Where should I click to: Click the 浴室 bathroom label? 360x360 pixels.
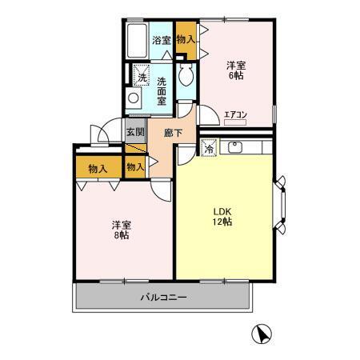[161, 40]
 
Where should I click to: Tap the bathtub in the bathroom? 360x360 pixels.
[137, 38]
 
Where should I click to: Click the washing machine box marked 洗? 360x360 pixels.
[142, 77]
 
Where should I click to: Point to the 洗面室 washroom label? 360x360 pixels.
[162, 86]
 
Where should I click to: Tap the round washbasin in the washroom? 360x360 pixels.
[134, 99]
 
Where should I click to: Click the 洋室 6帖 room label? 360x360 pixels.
[234, 70]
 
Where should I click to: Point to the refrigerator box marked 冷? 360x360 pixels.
[208, 148]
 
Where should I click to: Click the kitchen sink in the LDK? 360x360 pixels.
[236, 147]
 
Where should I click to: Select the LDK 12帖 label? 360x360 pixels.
[222, 216]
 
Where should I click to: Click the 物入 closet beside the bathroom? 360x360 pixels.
[185, 39]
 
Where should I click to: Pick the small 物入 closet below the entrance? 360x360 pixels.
[136, 166]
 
